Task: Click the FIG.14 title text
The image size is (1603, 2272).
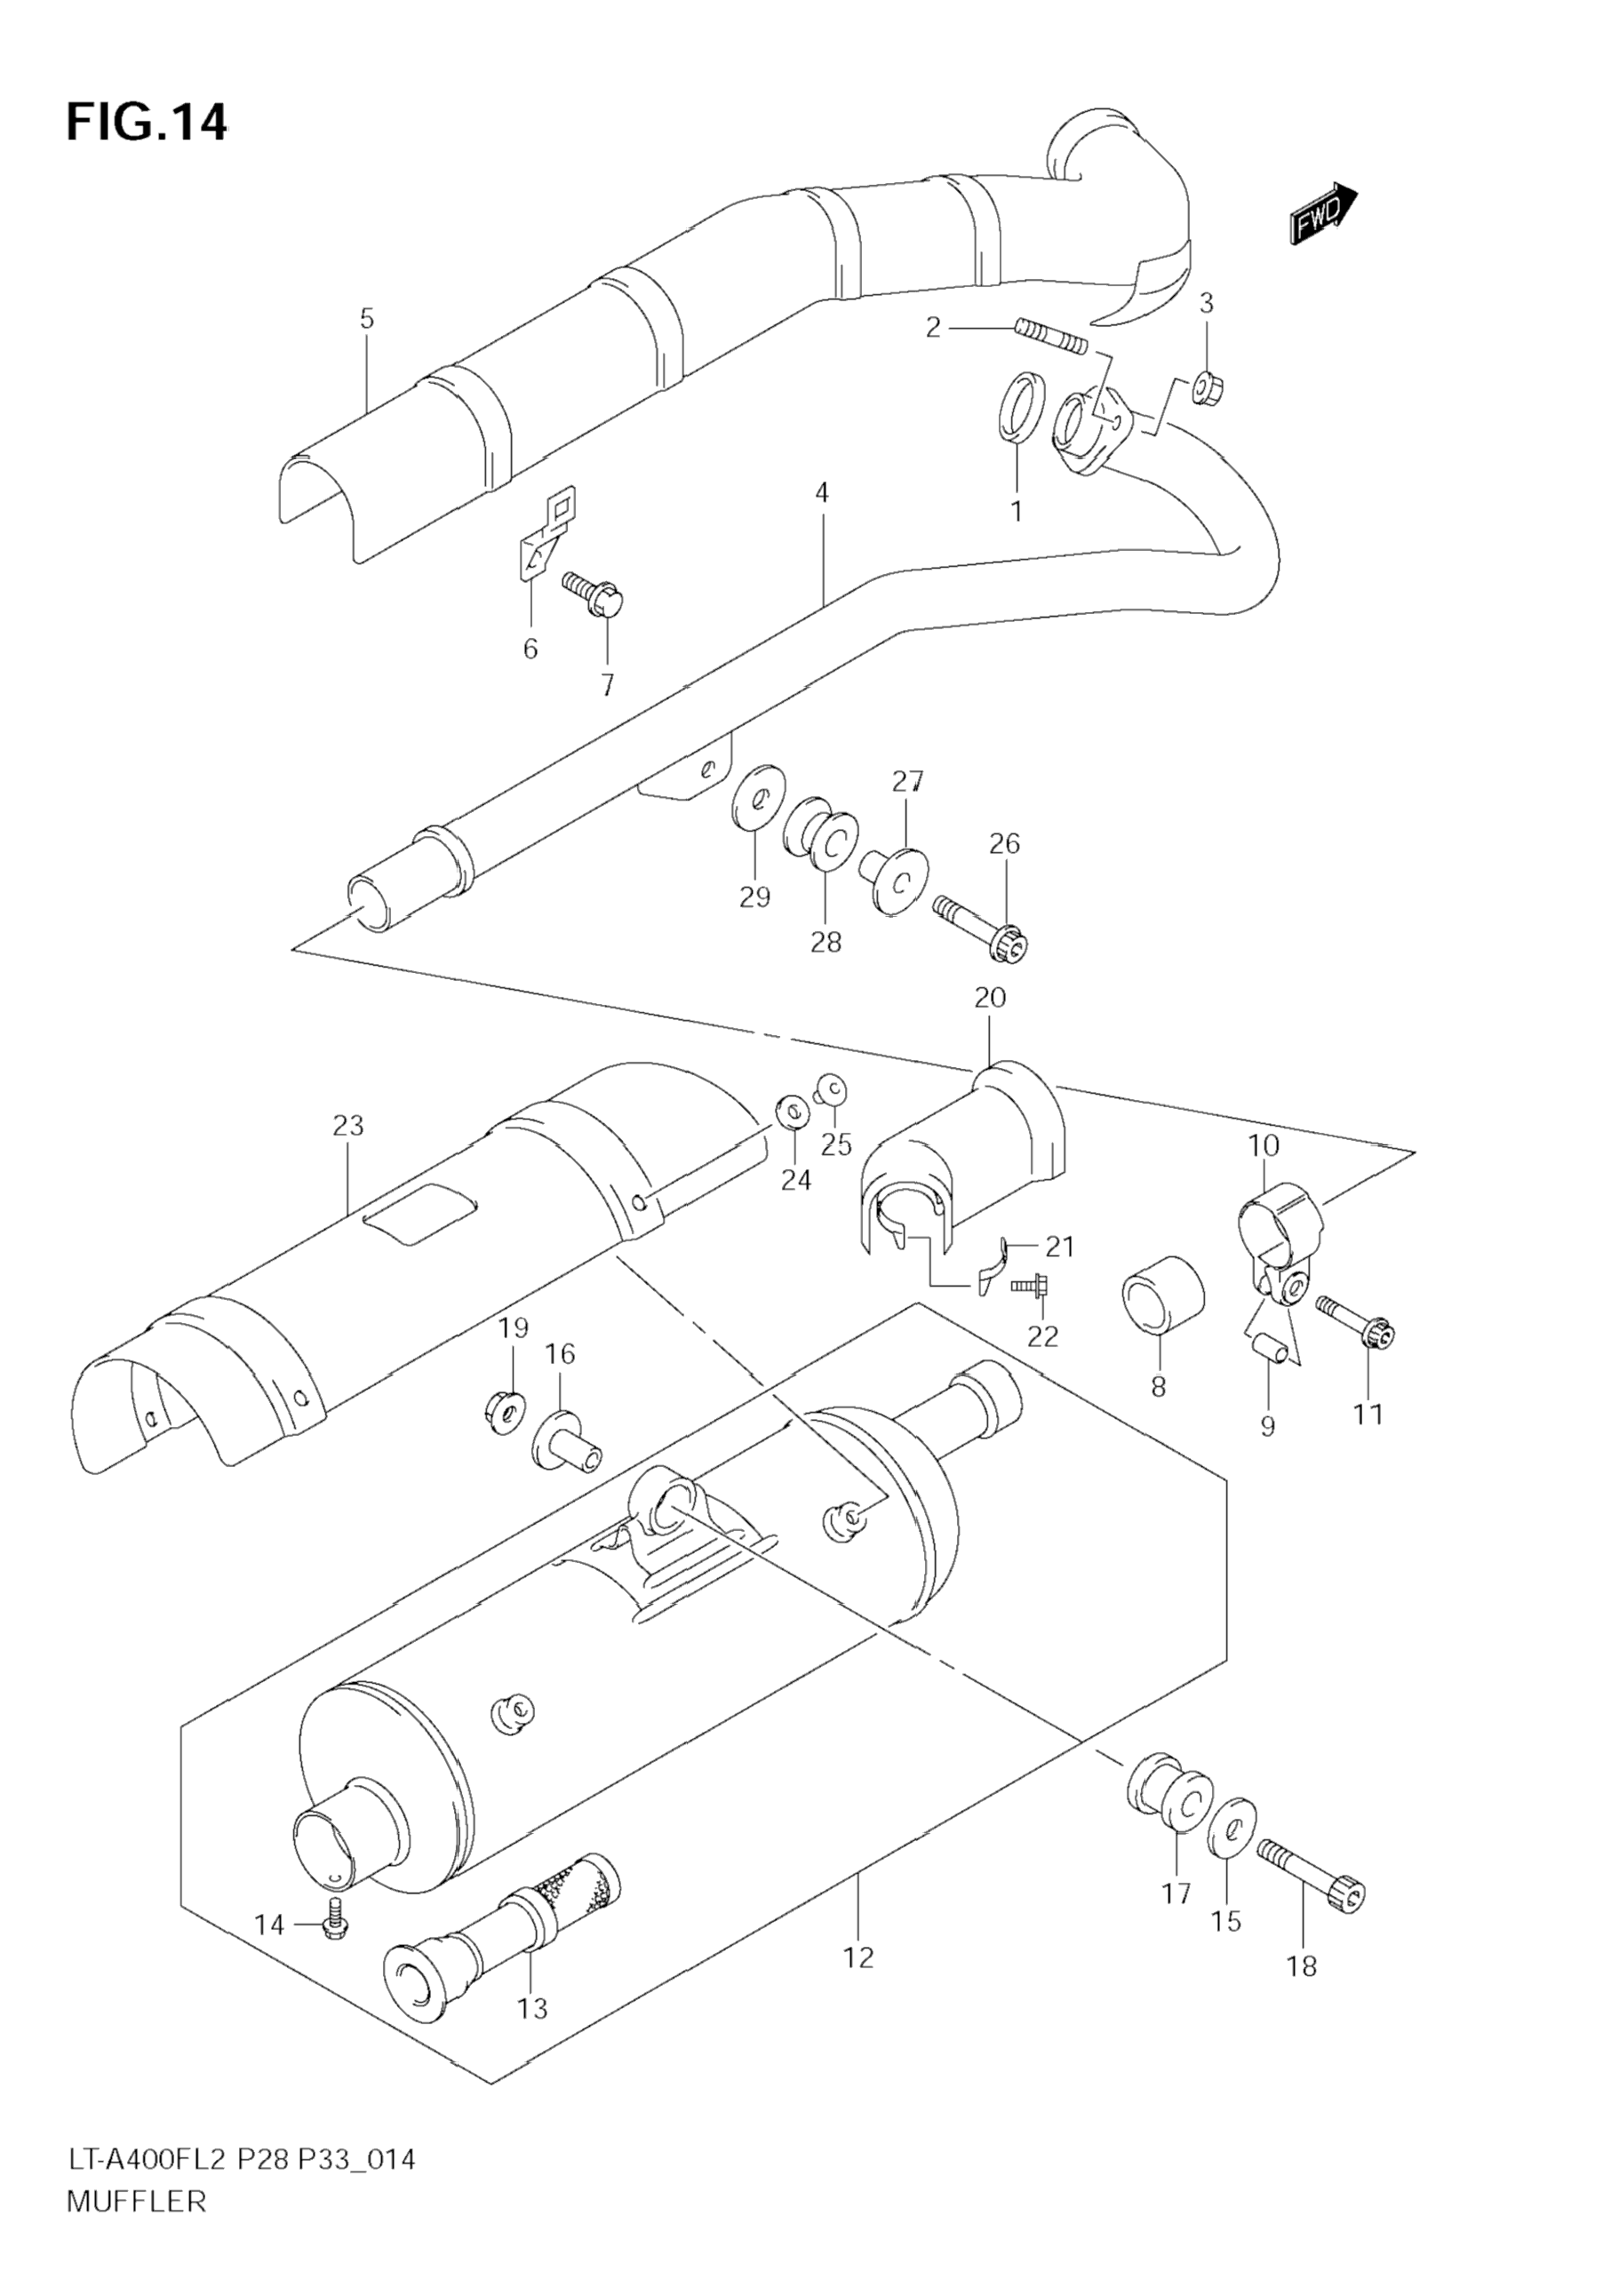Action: click(147, 122)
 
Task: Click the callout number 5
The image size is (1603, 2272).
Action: click(367, 319)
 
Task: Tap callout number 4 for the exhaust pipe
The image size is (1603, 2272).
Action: click(822, 493)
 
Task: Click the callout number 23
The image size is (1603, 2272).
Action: click(348, 1126)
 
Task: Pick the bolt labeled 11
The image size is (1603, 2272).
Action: click(1357, 1324)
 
